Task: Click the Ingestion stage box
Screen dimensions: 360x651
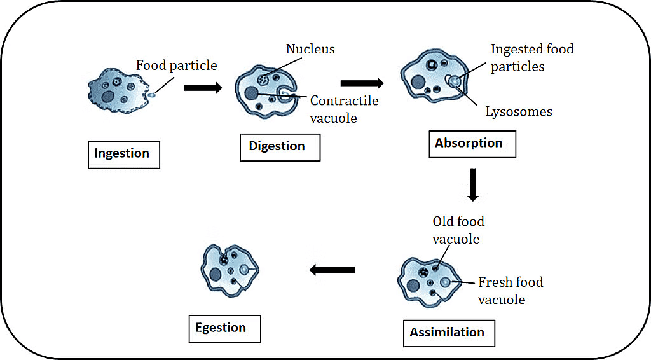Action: pos(123,155)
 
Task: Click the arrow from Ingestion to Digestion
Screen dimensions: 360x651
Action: pos(203,87)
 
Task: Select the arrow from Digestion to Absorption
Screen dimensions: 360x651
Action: pos(362,83)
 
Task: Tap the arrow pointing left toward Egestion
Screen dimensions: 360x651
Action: pos(332,270)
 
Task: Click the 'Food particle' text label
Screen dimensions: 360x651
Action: pos(177,66)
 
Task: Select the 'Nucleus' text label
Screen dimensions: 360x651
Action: pos(310,49)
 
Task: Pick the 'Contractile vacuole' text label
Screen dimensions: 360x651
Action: pos(344,109)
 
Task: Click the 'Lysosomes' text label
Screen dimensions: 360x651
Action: pos(519,112)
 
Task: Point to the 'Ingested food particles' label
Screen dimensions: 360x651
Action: pos(532,57)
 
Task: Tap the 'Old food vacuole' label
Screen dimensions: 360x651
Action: pos(458,230)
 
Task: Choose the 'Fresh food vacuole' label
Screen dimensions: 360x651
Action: pos(511,290)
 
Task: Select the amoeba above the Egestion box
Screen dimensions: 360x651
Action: pos(229,272)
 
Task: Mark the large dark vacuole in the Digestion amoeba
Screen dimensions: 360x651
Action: pos(252,93)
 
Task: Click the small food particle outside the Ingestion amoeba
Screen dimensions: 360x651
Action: pos(153,95)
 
